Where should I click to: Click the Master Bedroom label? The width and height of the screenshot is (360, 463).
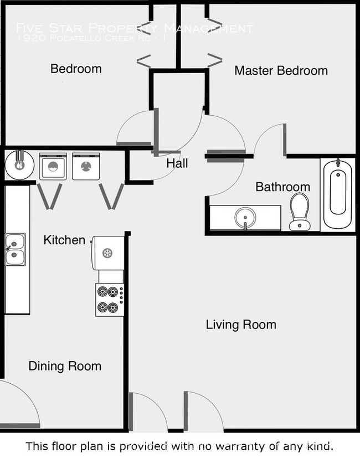(281, 71)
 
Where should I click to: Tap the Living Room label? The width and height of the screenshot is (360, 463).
(241, 325)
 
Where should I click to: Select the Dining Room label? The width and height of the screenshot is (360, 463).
(65, 366)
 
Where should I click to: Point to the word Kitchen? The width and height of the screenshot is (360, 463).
(64, 240)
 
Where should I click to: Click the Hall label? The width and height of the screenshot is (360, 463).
(177, 163)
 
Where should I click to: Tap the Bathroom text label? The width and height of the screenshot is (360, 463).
(282, 187)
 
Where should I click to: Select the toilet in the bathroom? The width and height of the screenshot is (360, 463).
(300, 211)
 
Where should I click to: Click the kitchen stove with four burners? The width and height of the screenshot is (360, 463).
(109, 300)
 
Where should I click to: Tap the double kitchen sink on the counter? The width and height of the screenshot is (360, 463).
(15, 250)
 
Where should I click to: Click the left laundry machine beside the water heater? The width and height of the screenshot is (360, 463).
(53, 166)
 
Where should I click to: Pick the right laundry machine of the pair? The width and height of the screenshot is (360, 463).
(85, 166)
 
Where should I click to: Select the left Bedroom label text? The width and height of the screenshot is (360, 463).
(76, 69)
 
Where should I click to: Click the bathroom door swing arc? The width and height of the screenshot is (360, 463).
(269, 138)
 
